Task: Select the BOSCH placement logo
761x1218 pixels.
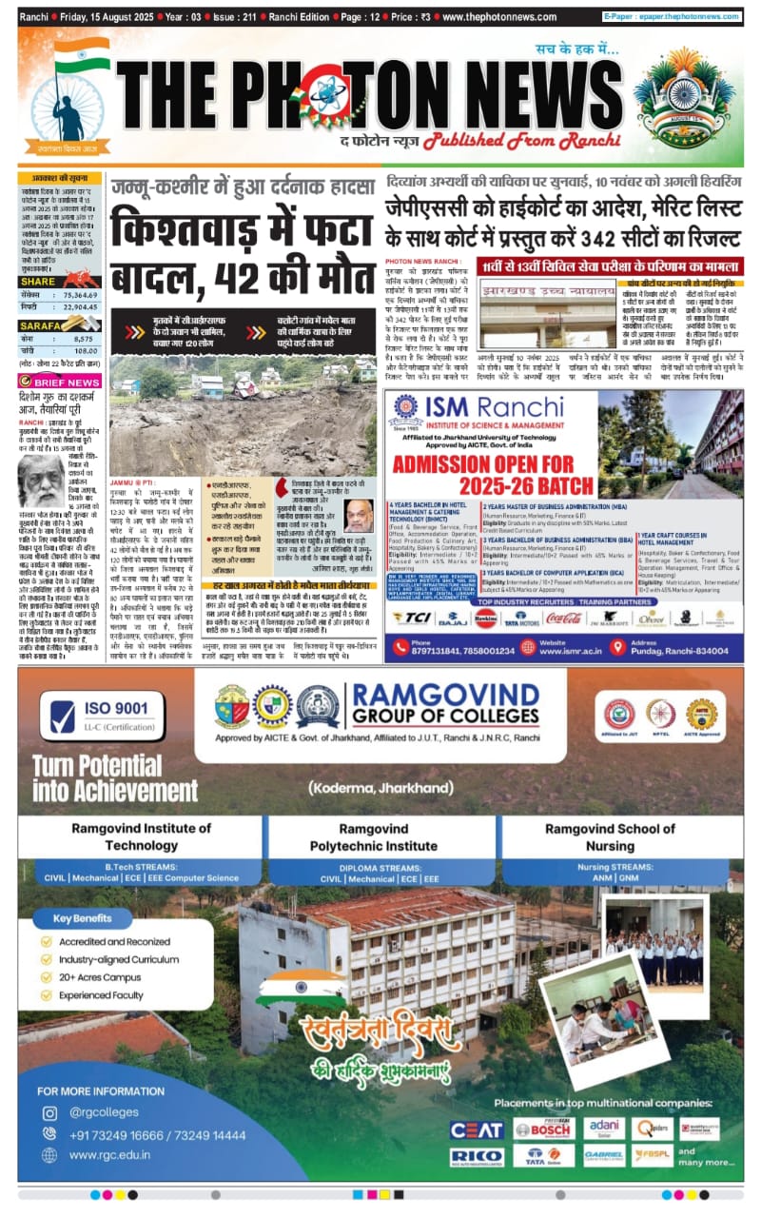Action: (x=543, y=1130)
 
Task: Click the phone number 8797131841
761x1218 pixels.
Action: (x=447, y=651)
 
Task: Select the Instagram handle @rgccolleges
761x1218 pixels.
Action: (x=104, y=1112)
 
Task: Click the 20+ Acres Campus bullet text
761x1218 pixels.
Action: (x=99, y=977)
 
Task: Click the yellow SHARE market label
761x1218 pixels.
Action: (x=38, y=282)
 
